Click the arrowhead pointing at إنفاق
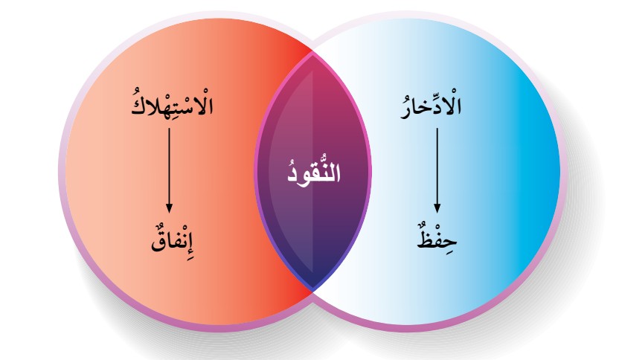coord(169,208)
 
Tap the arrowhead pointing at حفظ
coord(437,208)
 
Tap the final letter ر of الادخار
coord(406,111)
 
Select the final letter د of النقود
coord(292,177)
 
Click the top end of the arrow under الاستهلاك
coord(169,128)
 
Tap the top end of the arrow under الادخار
coord(437,128)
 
